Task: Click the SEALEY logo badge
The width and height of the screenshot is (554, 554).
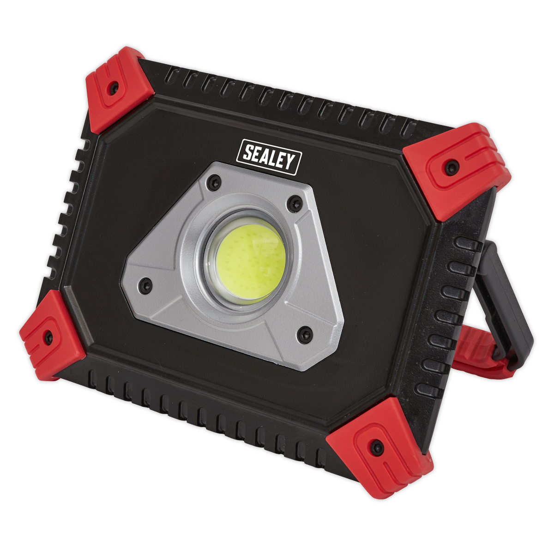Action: [269, 157]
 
